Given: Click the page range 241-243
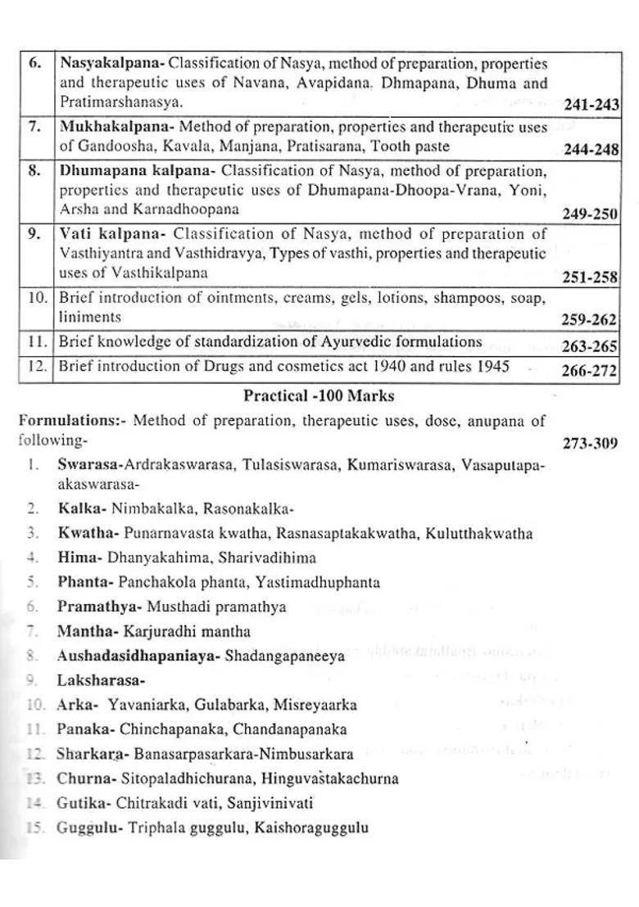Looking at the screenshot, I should tap(591, 105).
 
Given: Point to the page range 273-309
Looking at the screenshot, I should tap(590, 444).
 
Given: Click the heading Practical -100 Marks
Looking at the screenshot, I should tap(319, 396).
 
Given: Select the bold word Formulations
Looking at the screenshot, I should tap(68, 422).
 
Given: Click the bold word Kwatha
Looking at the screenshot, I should tap(88, 534).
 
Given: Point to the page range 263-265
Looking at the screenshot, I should tap(589, 346).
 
